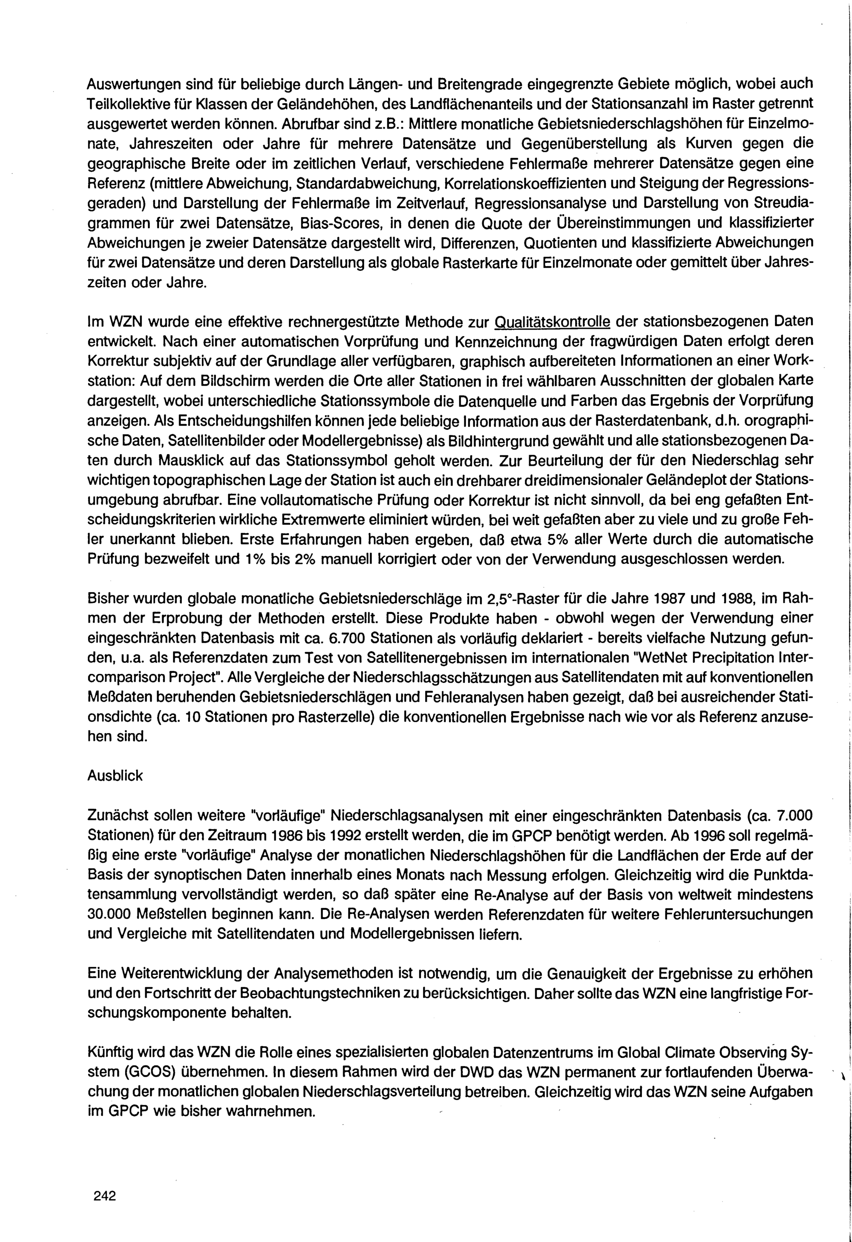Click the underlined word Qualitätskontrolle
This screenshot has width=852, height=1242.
(x=553, y=322)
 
